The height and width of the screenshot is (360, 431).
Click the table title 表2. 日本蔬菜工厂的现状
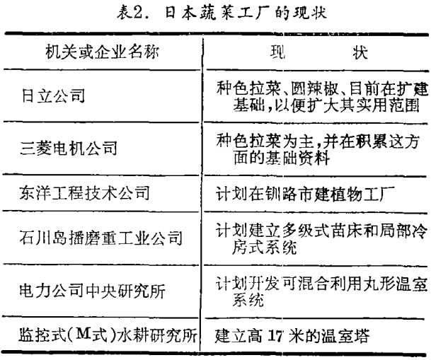coord(222,13)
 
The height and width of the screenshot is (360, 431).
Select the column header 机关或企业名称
coord(102,52)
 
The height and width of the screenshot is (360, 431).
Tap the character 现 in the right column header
coord(277,52)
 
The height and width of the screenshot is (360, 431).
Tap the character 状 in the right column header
coord(360,52)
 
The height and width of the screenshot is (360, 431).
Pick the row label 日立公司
coord(53,96)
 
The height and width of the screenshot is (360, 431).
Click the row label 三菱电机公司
coord(69,148)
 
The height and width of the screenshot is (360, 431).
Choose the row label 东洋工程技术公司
coord(85,192)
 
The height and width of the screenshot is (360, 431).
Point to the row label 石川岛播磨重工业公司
coord(101,238)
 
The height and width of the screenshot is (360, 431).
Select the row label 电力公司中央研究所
coord(93,291)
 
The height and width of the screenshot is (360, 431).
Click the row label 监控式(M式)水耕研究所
coord(108,335)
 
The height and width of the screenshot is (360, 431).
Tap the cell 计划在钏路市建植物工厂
coord(305,194)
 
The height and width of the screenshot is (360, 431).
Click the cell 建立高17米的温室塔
coord(292,335)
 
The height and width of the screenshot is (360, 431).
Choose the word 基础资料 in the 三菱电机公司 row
coord(297,158)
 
